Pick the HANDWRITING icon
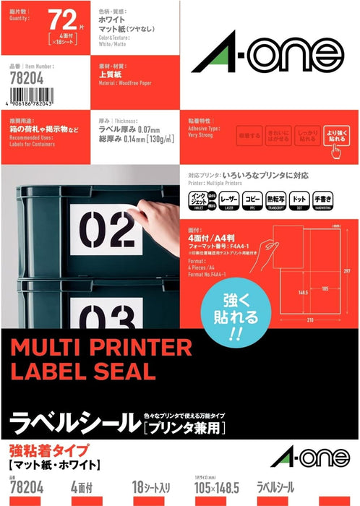point(343,199)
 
